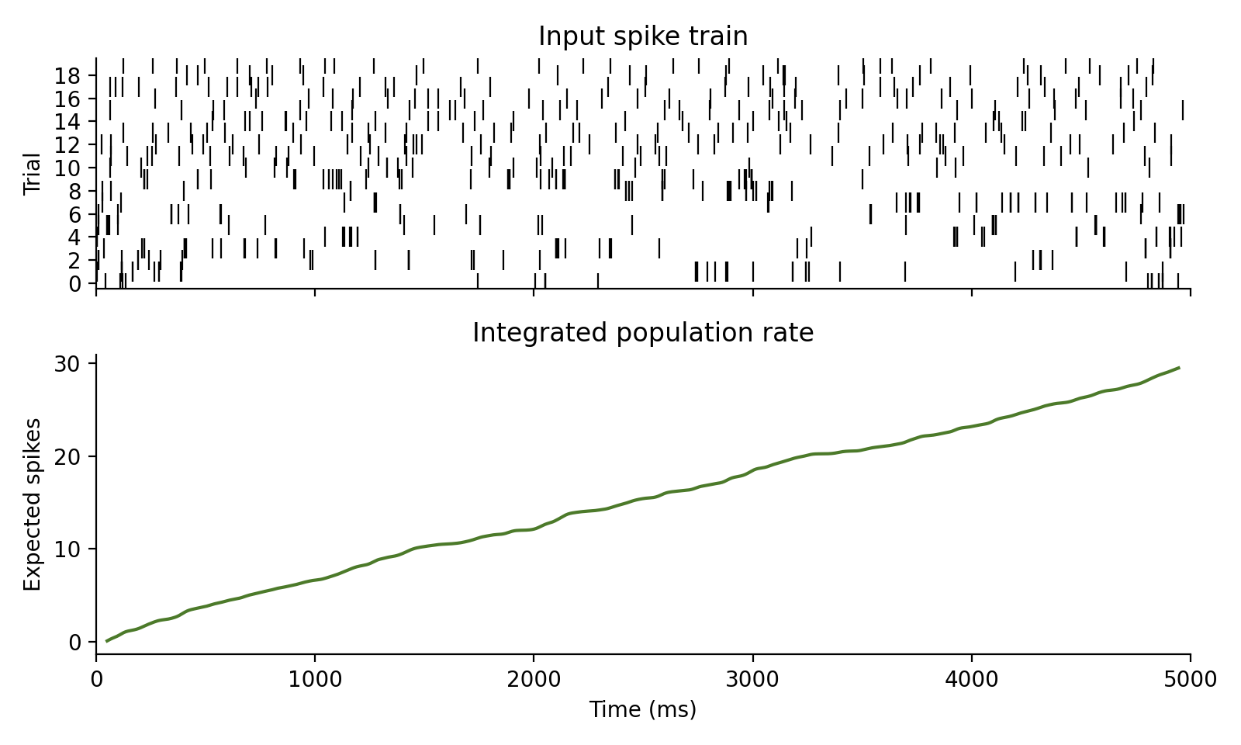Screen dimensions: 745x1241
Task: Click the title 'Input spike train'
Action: (x=643, y=36)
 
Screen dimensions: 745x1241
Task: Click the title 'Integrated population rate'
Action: (x=643, y=333)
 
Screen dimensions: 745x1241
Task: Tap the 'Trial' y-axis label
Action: (x=32, y=174)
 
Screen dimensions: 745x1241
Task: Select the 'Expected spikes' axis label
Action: (x=32, y=504)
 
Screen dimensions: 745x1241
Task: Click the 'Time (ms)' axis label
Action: (x=643, y=709)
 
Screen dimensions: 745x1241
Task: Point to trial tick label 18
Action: (x=67, y=75)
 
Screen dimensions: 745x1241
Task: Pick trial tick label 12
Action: (x=67, y=144)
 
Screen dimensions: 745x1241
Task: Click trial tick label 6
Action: (x=74, y=214)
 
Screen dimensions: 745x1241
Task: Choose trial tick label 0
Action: (x=74, y=284)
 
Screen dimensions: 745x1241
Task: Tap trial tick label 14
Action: (x=67, y=122)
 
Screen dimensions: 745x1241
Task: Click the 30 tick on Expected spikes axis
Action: (x=67, y=363)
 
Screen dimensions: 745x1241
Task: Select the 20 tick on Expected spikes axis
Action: (x=67, y=456)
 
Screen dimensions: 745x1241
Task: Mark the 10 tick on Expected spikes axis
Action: (x=67, y=549)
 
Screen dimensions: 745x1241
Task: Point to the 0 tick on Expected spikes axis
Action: (x=74, y=643)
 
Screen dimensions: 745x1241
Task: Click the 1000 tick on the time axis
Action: (x=315, y=681)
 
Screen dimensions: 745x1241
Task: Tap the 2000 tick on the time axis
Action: (x=534, y=681)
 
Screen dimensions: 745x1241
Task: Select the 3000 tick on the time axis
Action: (x=752, y=681)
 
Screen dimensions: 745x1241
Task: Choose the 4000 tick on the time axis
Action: (x=971, y=681)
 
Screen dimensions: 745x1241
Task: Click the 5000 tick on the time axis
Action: (x=1190, y=681)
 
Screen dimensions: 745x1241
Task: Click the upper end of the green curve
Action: (x=1179, y=368)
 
